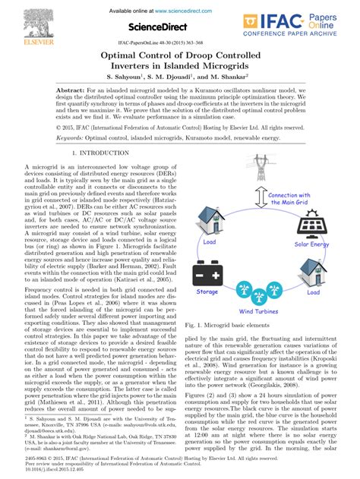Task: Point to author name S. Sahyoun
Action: [x=131, y=77]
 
